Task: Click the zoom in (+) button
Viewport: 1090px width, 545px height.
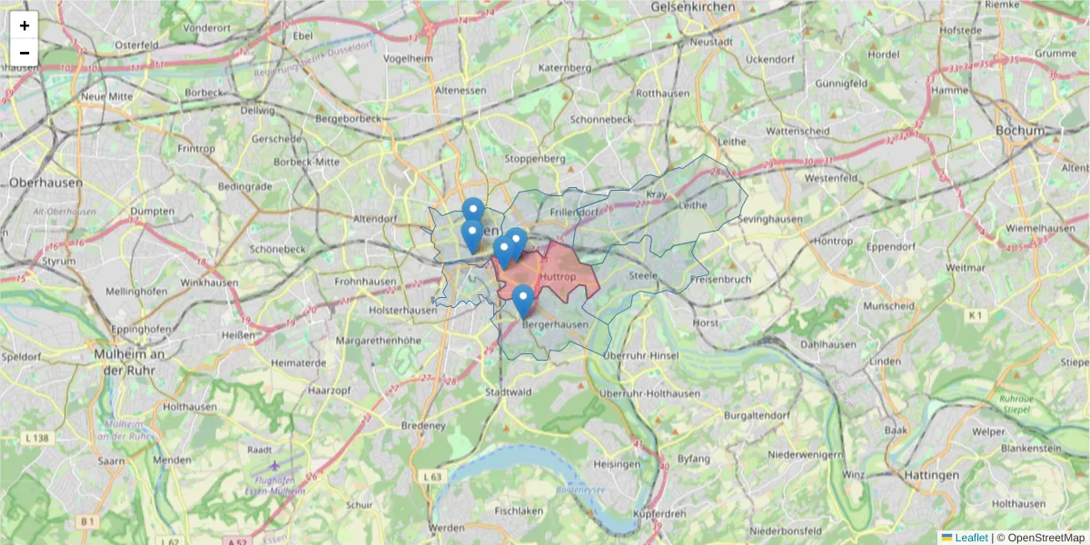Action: pyautogui.click(x=25, y=25)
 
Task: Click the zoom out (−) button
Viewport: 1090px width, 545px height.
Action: pyautogui.click(x=25, y=53)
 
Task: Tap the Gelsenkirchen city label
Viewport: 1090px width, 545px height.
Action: pyautogui.click(x=693, y=7)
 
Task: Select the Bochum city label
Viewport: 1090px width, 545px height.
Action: pyautogui.click(x=1020, y=130)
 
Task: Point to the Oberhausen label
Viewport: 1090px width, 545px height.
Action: pyautogui.click(x=45, y=183)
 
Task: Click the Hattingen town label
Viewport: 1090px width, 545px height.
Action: pyautogui.click(x=931, y=475)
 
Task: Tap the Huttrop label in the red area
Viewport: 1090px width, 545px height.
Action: pyautogui.click(x=557, y=276)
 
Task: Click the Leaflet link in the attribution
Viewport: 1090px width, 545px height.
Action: pyautogui.click(x=970, y=538)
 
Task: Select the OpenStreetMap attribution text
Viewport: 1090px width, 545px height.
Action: pyautogui.click(x=1045, y=538)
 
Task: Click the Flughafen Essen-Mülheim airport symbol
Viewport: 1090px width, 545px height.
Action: pyautogui.click(x=274, y=465)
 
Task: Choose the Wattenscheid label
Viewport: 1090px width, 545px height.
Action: pyautogui.click(x=798, y=131)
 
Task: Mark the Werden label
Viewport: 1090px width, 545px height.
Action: pyautogui.click(x=447, y=528)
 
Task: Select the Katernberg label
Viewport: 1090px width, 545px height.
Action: pyautogui.click(x=564, y=67)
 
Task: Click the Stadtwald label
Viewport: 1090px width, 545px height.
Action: pyautogui.click(x=507, y=392)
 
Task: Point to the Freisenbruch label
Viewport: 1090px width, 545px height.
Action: pyautogui.click(x=720, y=279)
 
